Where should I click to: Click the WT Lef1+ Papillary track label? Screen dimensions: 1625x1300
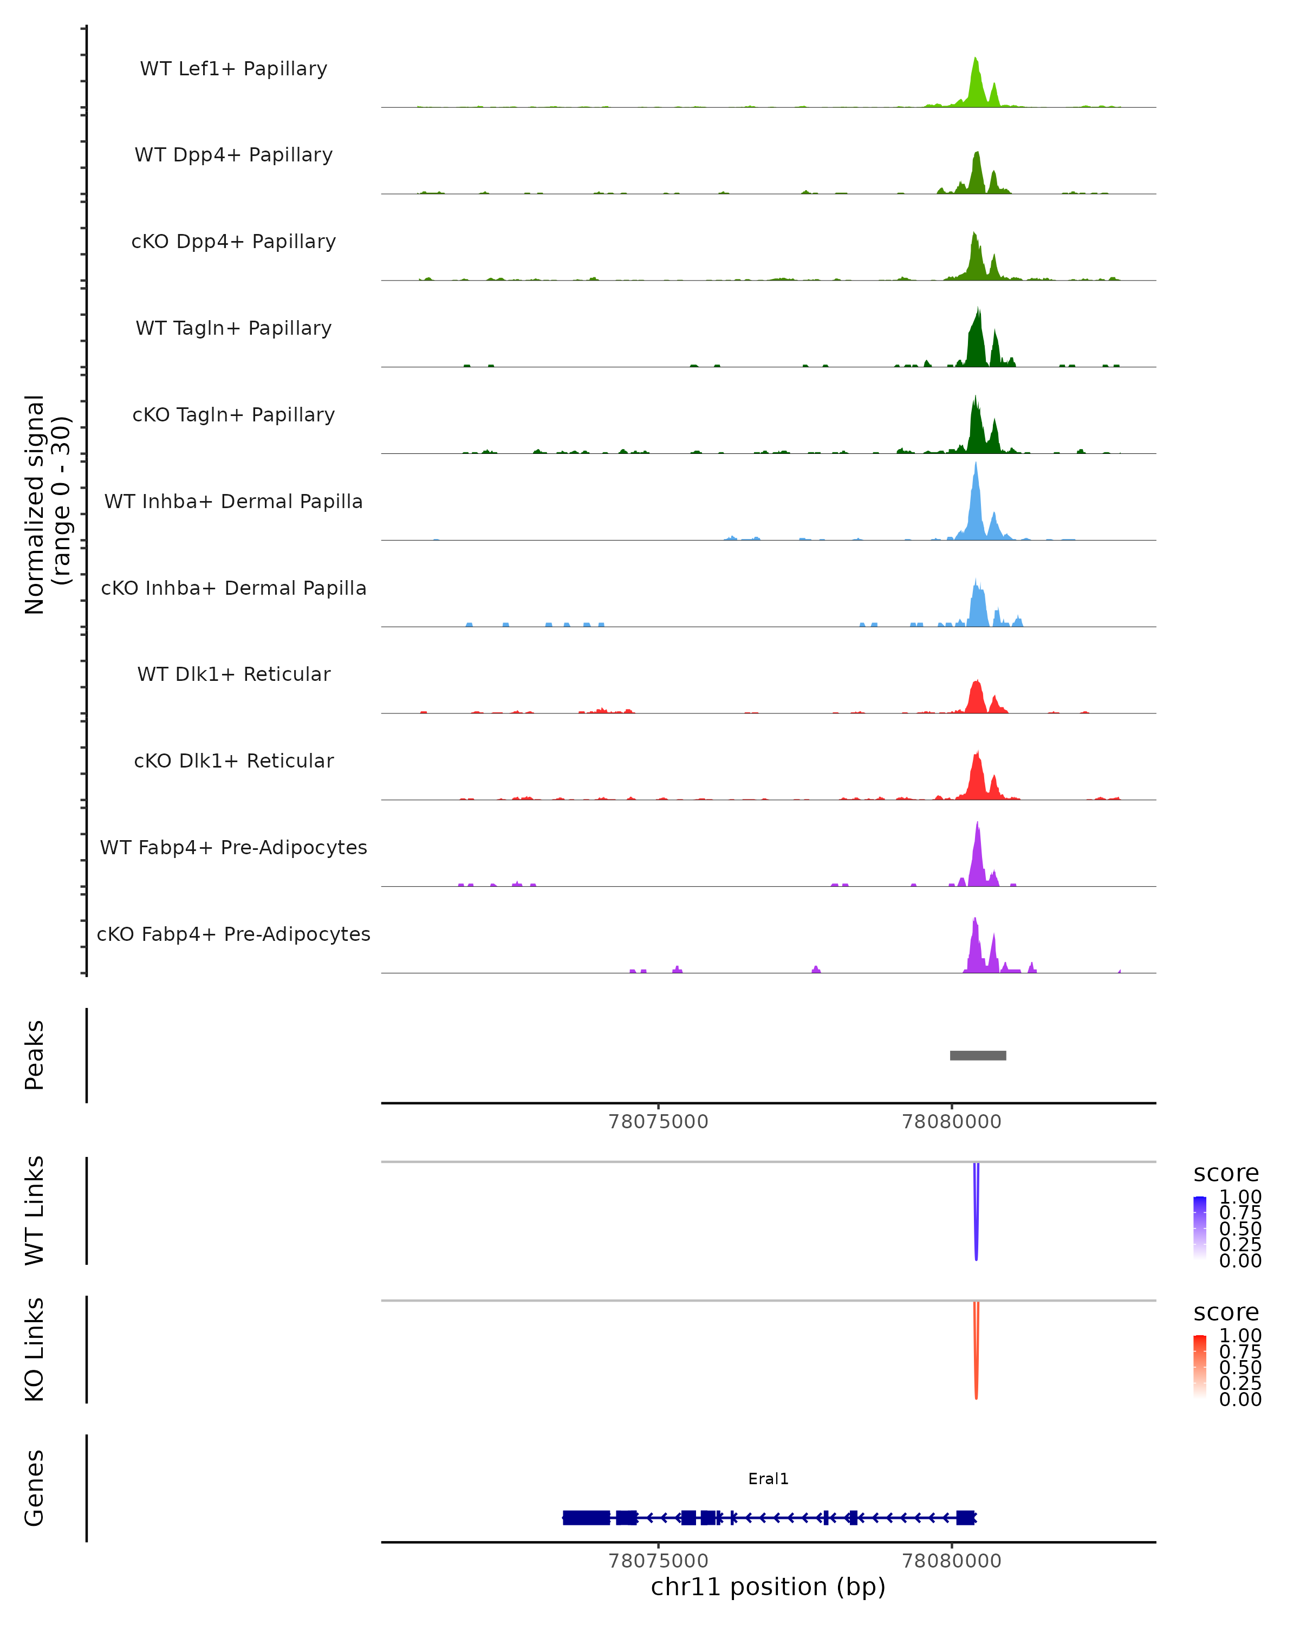pos(233,69)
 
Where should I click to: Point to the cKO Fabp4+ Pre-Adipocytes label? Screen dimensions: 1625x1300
pos(233,934)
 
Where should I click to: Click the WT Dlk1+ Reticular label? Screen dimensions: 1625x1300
pos(233,674)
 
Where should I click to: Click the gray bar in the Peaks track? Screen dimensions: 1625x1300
pos(978,1055)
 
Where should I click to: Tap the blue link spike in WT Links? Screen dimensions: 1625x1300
pos(976,1213)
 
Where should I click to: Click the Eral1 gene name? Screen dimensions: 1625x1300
pos(768,1479)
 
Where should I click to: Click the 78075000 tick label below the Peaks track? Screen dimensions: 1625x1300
pos(658,1122)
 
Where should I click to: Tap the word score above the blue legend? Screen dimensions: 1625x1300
pos(1225,1174)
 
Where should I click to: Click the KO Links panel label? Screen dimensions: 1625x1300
pos(34,1349)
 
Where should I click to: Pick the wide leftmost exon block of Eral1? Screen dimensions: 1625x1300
pos(586,1517)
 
